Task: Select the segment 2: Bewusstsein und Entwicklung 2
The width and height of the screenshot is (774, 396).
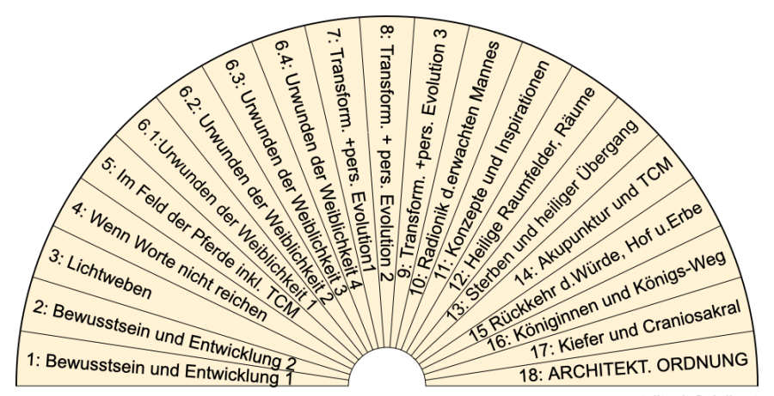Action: point(163,326)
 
